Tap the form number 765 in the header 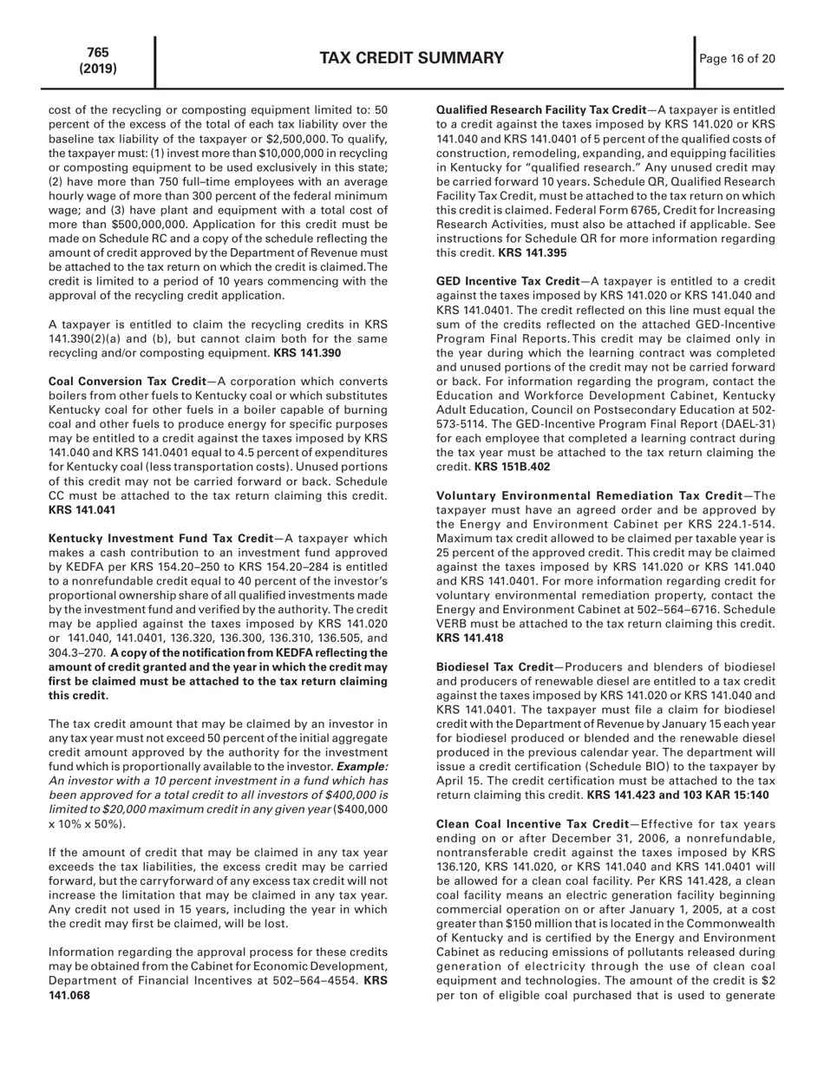click(x=98, y=52)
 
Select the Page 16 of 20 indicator click(x=739, y=59)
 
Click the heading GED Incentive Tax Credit click(x=507, y=282)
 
